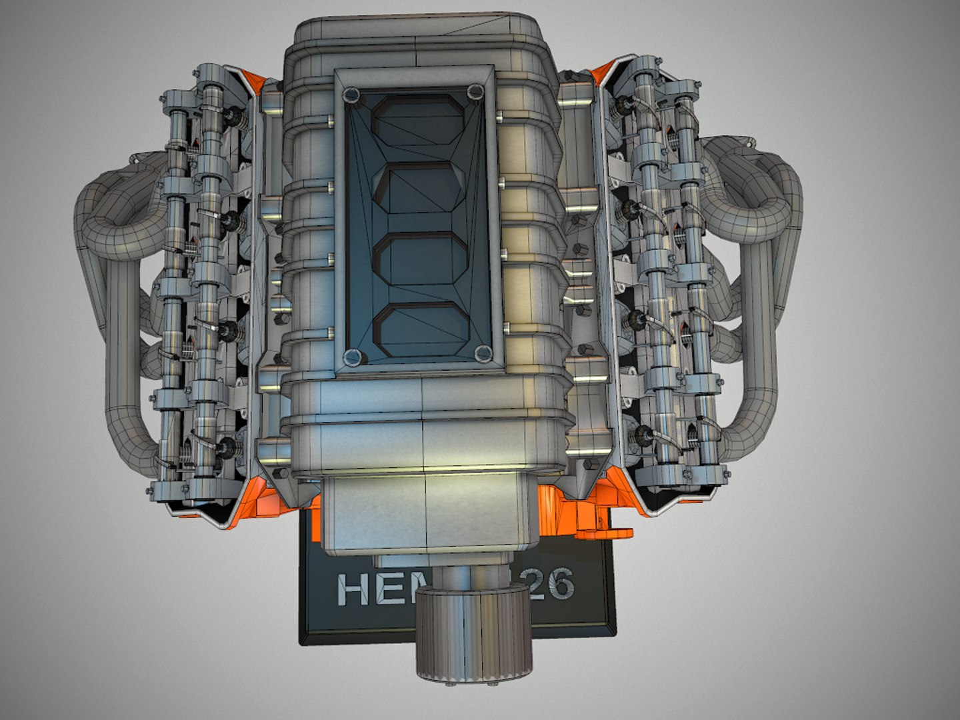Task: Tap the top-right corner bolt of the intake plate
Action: [x=474, y=92]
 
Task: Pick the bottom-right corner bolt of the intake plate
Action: [x=483, y=353]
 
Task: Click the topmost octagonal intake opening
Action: [x=418, y=119]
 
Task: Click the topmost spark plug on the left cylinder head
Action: [x=234, y=116]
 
